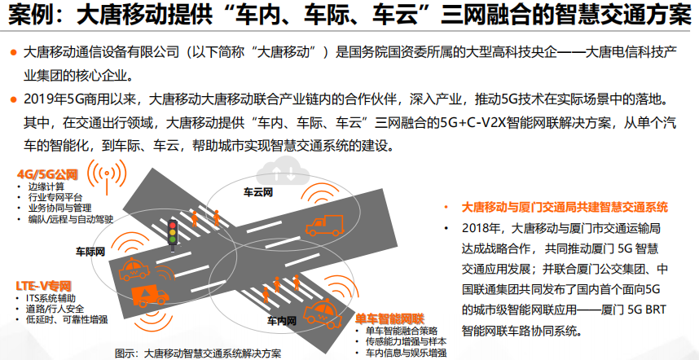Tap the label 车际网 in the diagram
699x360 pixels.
[x=90, y=251]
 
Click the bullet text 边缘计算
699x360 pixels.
[x=46, y=187]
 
